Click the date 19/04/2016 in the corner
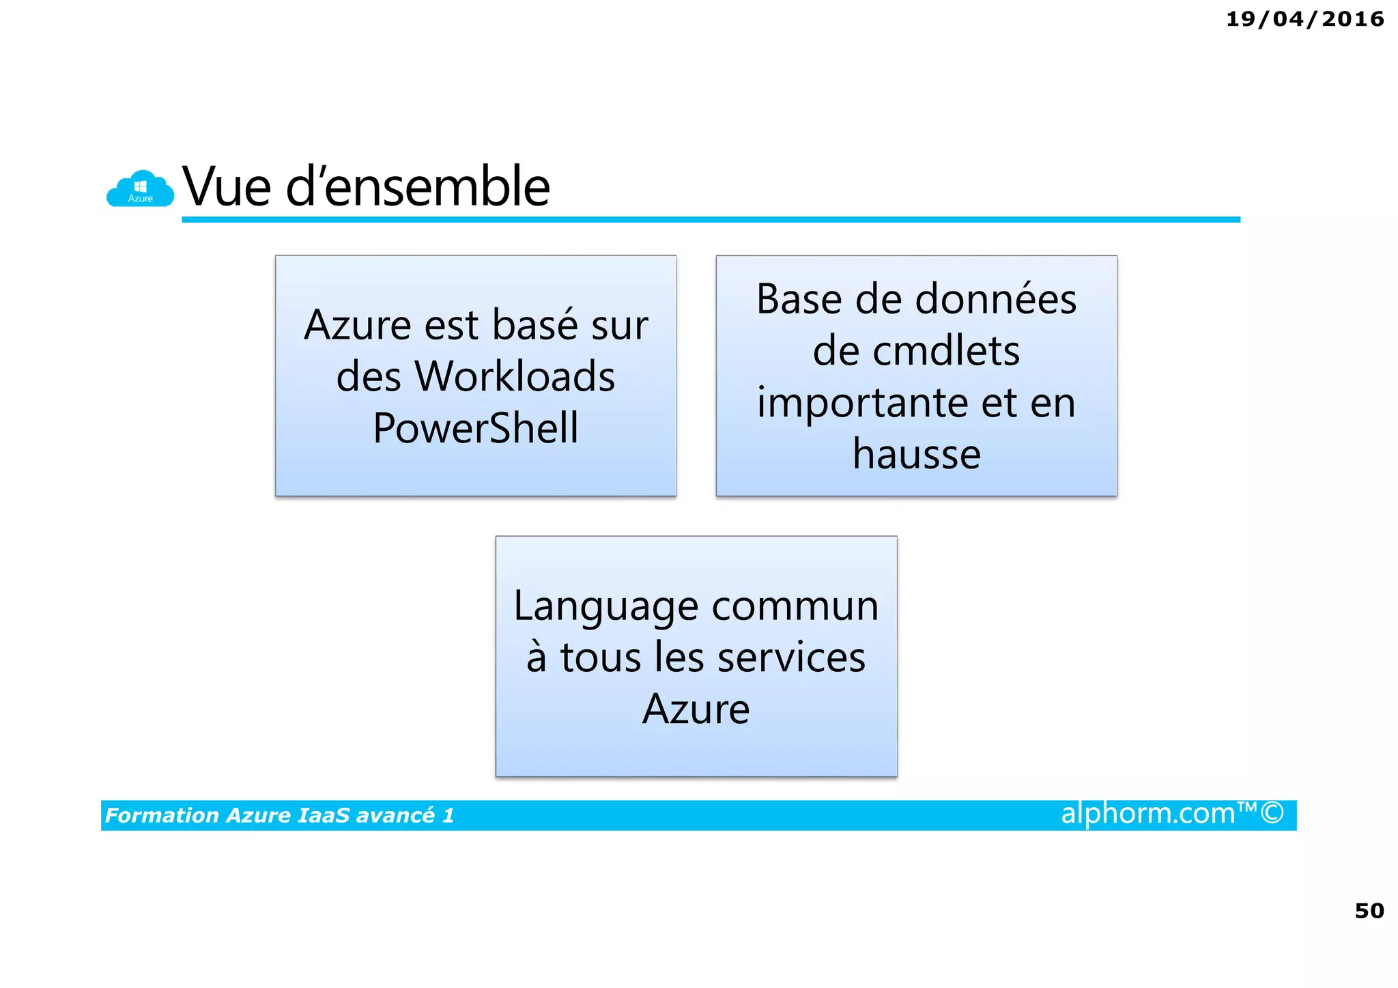point(1304,19)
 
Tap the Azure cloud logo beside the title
point(140,189)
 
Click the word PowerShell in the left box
point(476,428)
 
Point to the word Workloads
point(515,376)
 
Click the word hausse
point(916,454)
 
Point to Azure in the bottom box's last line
point(696,709)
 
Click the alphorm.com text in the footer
point(1147,814)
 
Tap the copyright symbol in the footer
point(1272,813)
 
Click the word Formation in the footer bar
point(162,815)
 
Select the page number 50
point(1369,911)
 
